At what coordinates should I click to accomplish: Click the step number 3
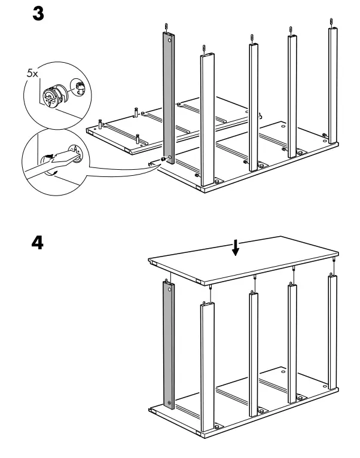pyautogui.click(x=36, y=14)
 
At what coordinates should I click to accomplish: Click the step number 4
pyautogui.click(x=36, y=243)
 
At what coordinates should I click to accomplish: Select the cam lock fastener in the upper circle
pyautogui.click(x=51, y=95)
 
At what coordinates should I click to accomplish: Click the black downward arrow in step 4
pyautogui.click(x=236, y=248)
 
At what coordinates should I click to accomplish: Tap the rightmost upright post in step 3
pyautogui.click(x=331, y=84)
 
